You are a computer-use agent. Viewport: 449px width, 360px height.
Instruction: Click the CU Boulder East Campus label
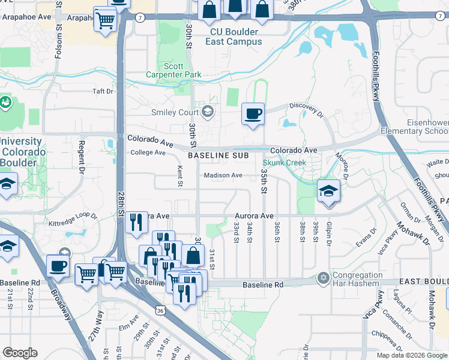(234, 37)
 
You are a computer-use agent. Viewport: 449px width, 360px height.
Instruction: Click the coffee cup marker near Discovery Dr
(253, 113)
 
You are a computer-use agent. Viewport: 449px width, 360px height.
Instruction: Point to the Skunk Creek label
(285, 163)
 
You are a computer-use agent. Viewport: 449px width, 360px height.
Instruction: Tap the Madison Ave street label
(223, 175)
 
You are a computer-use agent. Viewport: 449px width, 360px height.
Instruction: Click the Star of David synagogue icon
(324, 278)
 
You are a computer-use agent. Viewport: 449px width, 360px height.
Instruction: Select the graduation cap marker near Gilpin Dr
(328, 191)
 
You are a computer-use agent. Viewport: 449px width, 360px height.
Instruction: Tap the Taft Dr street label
(103, 91)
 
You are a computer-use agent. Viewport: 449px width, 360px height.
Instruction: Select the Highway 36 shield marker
(159, 311)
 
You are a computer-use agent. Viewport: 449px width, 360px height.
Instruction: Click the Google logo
(20, 353)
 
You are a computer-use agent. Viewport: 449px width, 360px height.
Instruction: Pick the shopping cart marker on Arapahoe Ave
(105, 21)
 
